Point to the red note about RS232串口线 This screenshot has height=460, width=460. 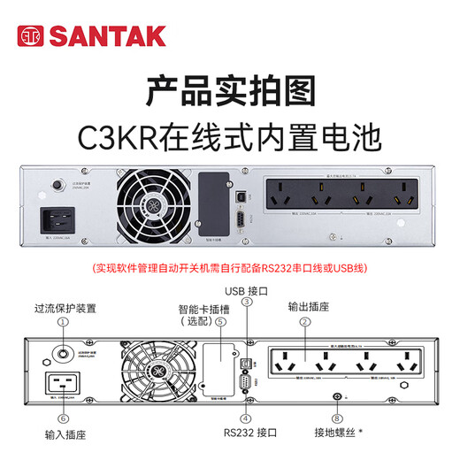[x=229, y=267]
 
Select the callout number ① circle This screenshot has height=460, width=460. [x=63, y=324]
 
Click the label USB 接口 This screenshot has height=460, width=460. [x=247, y=288]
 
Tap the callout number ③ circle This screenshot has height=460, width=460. [x=247, y=303]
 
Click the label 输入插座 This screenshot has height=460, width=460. [x=63, y=435]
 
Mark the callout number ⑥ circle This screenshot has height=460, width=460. [x=63, y=418]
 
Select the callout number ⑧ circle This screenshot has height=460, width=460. [x=336, y=418]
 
